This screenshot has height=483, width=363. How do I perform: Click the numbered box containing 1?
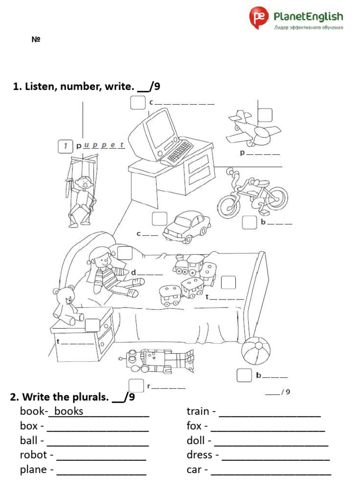65,146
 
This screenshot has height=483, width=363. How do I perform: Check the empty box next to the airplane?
265,115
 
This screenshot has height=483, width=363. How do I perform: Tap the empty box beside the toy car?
159,219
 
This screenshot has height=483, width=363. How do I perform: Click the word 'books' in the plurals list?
69,411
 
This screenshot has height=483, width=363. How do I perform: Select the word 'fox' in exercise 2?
194,426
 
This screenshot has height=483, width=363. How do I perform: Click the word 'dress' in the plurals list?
199,455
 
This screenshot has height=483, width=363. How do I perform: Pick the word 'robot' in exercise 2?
34,455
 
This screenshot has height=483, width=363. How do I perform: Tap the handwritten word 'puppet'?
103,145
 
